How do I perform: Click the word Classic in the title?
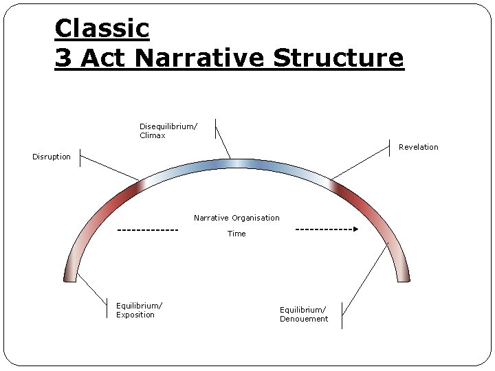102,29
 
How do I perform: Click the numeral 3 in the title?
63,58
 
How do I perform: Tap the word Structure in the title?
338,58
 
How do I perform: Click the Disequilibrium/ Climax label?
168,131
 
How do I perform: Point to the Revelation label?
418,147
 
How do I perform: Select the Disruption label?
52,157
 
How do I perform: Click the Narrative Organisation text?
236,218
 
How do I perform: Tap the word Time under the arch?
236,234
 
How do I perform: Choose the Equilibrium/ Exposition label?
139,310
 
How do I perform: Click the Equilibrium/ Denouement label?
304,314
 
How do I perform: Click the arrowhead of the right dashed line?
355,229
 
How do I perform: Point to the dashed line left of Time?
148,229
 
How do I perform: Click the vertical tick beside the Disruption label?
80,157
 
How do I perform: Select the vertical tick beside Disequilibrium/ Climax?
215,128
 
